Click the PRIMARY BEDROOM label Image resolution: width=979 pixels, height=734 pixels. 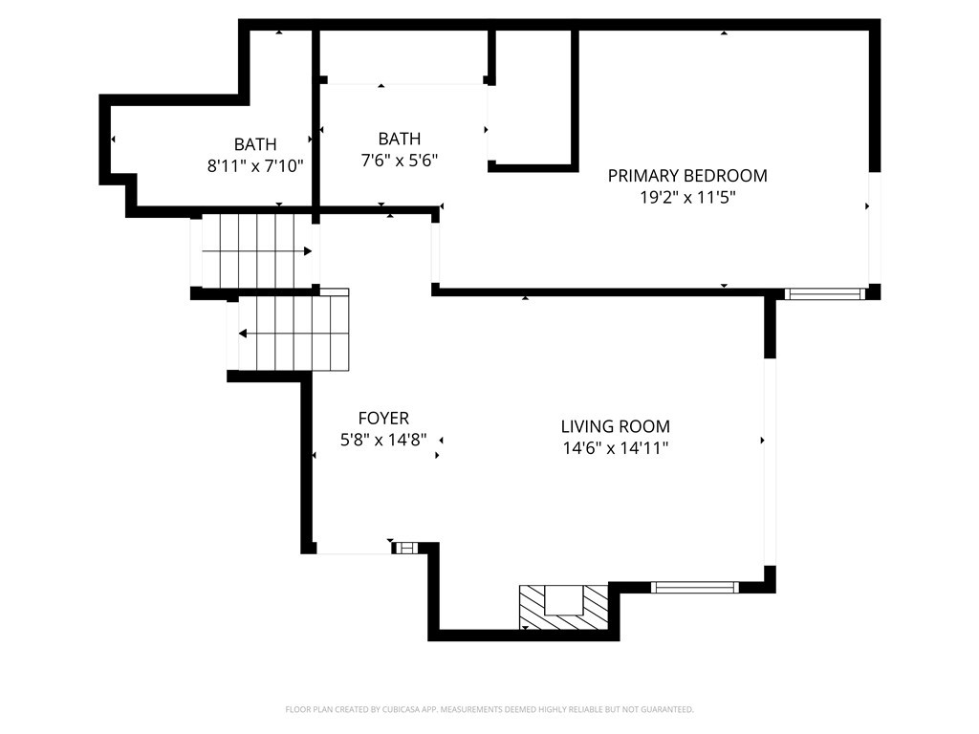click(x=687, y=176)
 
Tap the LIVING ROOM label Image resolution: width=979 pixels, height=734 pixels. click(x=615, y=426)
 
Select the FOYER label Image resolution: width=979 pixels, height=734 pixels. click(x=383, y=418)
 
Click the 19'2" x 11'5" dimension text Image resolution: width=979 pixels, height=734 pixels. click(x=687, y=197)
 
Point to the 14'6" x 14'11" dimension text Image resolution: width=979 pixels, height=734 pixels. click(x=615, y=448)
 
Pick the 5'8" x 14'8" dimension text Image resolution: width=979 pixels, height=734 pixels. click(x=383, y=440)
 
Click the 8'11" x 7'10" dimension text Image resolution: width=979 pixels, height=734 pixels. click(x=255, y=166)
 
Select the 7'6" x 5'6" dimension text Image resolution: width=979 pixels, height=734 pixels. click(x=400, y=161)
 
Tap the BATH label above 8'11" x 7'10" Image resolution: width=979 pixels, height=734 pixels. click(x=255, y=144)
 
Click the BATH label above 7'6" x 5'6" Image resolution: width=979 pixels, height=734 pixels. click(x=400, y=139)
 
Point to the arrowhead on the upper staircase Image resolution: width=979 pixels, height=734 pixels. click(x=308, y=251)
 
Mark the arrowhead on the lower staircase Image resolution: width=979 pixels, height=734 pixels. click(x=243, y=334)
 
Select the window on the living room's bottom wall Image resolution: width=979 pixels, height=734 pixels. click(x=695, y=587)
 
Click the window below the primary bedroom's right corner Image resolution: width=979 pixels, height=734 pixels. click(x=825, y=294)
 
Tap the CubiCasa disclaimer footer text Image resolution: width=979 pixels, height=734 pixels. click(x=489, y=709)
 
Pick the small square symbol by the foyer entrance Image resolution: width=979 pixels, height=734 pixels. click(x=406, y=548)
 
